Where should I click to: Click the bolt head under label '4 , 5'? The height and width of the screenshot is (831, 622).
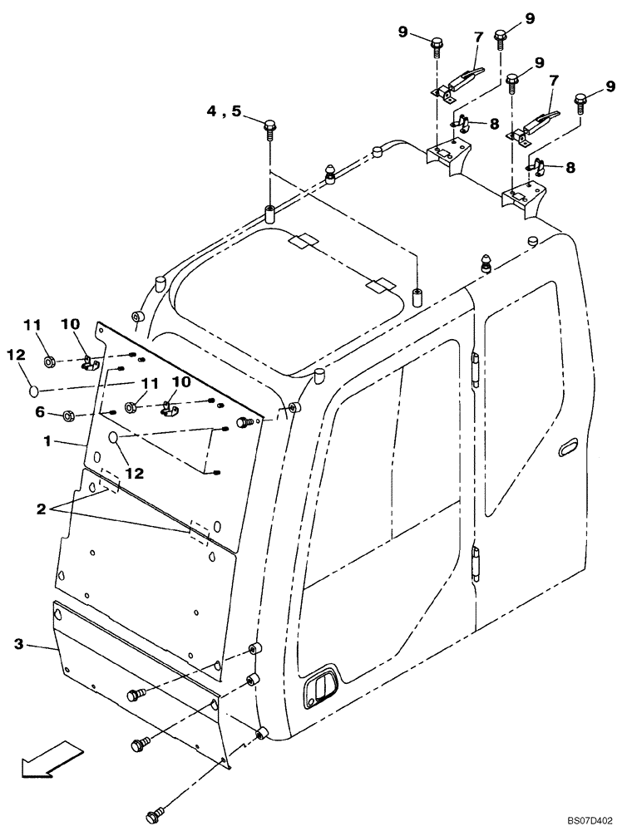[270, 127]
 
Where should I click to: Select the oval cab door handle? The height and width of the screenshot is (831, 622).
[568, 446]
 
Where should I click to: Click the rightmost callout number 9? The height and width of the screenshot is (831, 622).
[610, 85]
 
